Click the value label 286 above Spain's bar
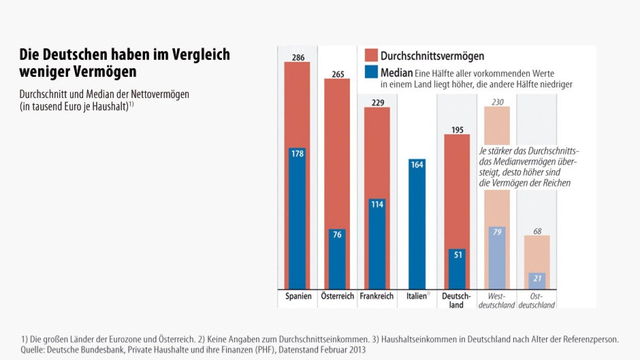pyautogui.click(x=297, y=57)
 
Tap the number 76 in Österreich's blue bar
pyautogui.click(x=337, y=235)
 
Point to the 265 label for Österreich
pyautogui.click(x=338, y=74)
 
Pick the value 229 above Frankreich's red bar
pyautogui.click(x=377, y=103)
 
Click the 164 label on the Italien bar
pyautogui.click(x=417, y=165)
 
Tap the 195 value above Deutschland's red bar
pyautogui.click(x=457, y=130)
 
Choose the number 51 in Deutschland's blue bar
pyautogui.click(x=457, y=255)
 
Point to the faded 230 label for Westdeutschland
pyautogui.click(x=497, y=102)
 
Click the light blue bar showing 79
pyautogui.click(x=497, y=258)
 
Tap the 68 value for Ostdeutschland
pyautogui.click(x=537, y=231)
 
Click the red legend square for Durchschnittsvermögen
pyautogui.click(x=371, y=56)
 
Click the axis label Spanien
pyautogui.click(x=298, y=296)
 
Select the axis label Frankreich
pyautogui.click(x=377, y=296)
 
